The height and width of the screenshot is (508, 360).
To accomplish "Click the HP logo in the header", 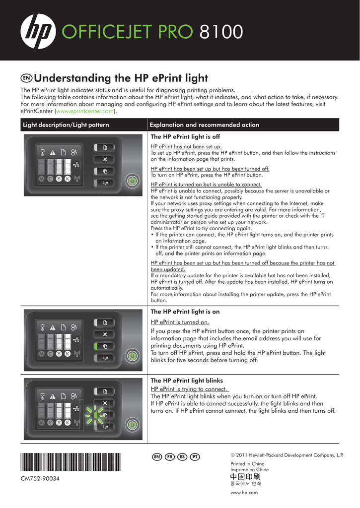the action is [38, 31].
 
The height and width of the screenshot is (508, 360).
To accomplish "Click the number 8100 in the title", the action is [221, 32].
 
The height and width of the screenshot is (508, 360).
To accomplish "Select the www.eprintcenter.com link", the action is [85, 111].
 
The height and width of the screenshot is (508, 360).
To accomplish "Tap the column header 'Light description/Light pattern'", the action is [66, 125].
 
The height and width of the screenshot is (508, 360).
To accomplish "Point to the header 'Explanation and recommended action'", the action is [204, 125].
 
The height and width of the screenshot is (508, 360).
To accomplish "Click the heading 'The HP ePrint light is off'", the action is [185, 137].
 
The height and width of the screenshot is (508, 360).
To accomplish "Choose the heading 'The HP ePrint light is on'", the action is [185, 312].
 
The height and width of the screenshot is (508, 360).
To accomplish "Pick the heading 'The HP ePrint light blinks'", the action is [187, 381].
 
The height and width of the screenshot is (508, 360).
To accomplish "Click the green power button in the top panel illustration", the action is [132, 181].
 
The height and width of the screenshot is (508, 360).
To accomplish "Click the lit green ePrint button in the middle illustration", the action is [104, 346].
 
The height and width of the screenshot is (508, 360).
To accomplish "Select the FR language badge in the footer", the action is [170, 457].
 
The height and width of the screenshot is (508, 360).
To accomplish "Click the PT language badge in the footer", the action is [195, 457].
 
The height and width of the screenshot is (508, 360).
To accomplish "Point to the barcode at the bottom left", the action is [71, 462].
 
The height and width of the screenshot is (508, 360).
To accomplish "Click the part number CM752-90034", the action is [40, 479].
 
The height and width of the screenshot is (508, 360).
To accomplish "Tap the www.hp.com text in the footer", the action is [244, 493].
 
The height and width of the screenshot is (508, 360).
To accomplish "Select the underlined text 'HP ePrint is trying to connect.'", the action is [189, 389].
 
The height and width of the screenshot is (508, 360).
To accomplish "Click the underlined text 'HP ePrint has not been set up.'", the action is [186, 146].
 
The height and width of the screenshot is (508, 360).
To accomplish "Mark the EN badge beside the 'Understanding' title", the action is [26, 78].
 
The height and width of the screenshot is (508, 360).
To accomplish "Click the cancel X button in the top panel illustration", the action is [104, 159].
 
